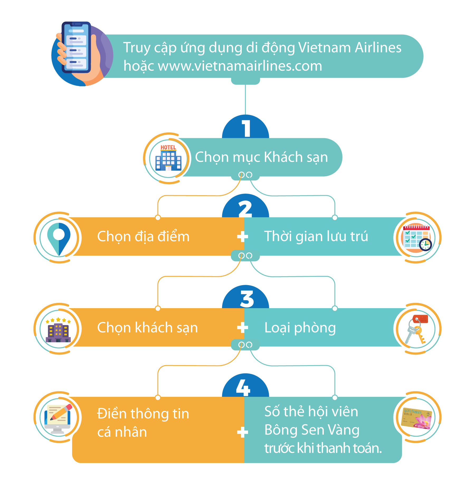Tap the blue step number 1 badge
click(246, 128)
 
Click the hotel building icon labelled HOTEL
click(168, 158)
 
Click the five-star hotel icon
click(58, 330)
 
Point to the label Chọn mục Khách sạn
click(261, 157)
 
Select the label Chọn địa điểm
click(143, 236)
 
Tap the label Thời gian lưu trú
click(316, 236)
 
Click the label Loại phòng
click(300, 328)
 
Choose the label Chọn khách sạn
click(147, 328)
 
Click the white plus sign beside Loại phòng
click(242, 328)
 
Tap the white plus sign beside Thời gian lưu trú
click(242, 236)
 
